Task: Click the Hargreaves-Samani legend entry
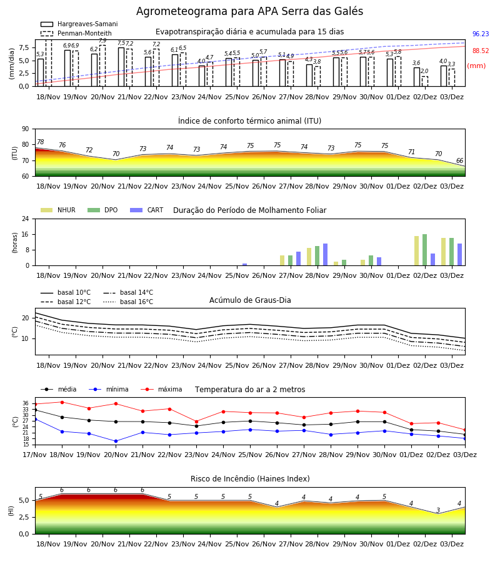79,24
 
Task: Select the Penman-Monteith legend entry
76,33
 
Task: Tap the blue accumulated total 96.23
481,34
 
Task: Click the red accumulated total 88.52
481,51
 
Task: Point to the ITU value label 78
41,142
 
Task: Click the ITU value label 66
459,161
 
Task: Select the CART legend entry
147,210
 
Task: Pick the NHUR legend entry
58,210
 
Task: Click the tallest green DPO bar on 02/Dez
424,250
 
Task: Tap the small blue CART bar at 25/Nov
244,265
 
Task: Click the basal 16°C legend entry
128,302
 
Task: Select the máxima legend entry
162,389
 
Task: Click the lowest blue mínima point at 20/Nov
116,441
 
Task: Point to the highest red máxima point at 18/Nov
62,402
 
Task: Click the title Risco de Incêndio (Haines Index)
250,479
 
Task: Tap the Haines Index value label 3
438,510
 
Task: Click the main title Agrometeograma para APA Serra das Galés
249,11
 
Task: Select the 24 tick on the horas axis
26,219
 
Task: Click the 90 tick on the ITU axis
26,129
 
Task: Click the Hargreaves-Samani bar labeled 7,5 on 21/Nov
121,67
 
